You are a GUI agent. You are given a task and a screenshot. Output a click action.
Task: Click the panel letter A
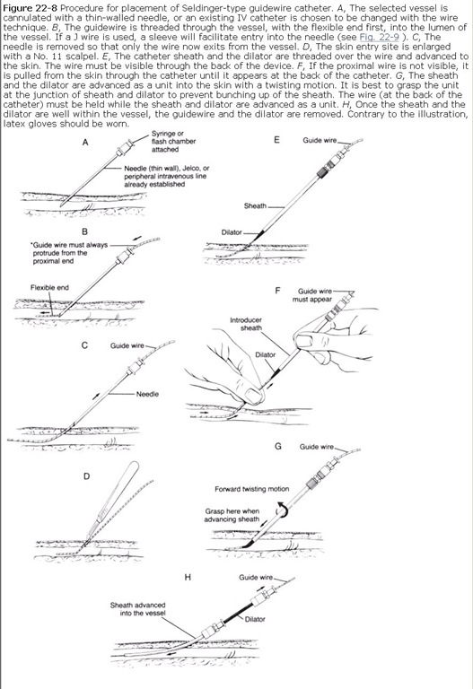point(85,142)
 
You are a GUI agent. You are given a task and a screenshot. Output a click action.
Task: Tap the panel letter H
point(188,577)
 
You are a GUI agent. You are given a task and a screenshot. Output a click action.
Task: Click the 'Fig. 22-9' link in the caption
point(379,38)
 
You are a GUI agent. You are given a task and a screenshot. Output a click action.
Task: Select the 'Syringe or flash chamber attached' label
point(173,142)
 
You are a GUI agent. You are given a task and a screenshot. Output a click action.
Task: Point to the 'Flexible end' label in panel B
point(49,287)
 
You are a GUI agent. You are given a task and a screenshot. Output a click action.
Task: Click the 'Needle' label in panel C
point(147,394)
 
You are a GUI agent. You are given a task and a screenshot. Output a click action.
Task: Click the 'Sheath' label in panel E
point(255,205)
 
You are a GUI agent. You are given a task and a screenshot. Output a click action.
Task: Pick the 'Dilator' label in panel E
point(232,232)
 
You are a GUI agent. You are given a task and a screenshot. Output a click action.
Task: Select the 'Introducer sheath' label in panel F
point(246,324)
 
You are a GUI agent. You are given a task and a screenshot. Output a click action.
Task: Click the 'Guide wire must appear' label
point(312,295)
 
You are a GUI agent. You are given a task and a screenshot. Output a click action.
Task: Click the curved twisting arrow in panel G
point(281,510)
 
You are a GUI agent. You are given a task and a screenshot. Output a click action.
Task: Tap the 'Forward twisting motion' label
point(252,489)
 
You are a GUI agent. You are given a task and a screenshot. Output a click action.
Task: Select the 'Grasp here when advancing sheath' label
point(232,515)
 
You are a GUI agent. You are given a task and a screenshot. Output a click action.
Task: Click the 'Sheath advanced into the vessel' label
point(137,609)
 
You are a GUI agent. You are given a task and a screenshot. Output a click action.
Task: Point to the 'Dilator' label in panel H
point(255,619)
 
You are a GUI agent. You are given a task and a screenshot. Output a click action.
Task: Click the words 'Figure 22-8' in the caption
point(30,8)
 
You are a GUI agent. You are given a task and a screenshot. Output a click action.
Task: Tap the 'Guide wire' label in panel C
point(127,345)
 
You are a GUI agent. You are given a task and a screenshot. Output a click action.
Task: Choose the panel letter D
point(86,476)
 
